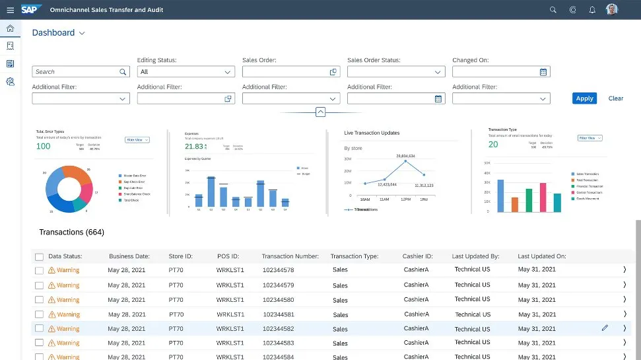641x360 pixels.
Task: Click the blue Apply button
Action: tap(584, 98)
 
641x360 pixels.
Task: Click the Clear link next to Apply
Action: tap(615, 98)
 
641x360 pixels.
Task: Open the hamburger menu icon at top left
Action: tap(10, 10)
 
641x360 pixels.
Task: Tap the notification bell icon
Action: tap(592, 10)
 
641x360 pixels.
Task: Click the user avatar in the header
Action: tap(612, 10)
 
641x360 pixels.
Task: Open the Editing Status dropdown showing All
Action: tap(186, 72)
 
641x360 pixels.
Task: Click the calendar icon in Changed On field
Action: tap(543, 72)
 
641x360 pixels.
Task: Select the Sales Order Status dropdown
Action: tap(395, 72)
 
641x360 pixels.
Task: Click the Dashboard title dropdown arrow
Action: tap(82, 33)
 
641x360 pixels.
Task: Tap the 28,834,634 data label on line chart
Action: tap(405, 156)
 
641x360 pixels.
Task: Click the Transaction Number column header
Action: tap(290, 256)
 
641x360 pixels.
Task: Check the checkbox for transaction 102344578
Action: tap(39, 270)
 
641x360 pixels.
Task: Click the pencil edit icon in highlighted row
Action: tap(605, 328)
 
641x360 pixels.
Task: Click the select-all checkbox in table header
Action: tap(39, 256)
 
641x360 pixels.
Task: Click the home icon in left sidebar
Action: tap(10, 28)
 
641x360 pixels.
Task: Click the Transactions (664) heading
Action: tap(71, 233)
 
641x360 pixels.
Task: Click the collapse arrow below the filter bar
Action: tap(320, 112)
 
